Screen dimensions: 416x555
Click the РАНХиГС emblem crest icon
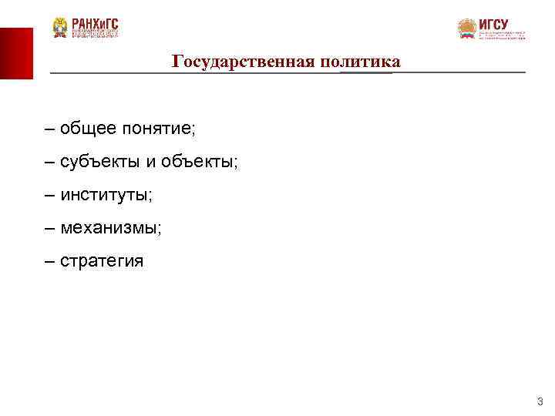60,29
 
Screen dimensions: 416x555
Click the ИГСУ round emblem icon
467,29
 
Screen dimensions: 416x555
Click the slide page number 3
540,401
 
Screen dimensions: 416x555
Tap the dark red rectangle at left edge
16,53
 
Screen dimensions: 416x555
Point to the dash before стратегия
50,261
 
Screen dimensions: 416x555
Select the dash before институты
50,195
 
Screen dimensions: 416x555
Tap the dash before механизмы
50,228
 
